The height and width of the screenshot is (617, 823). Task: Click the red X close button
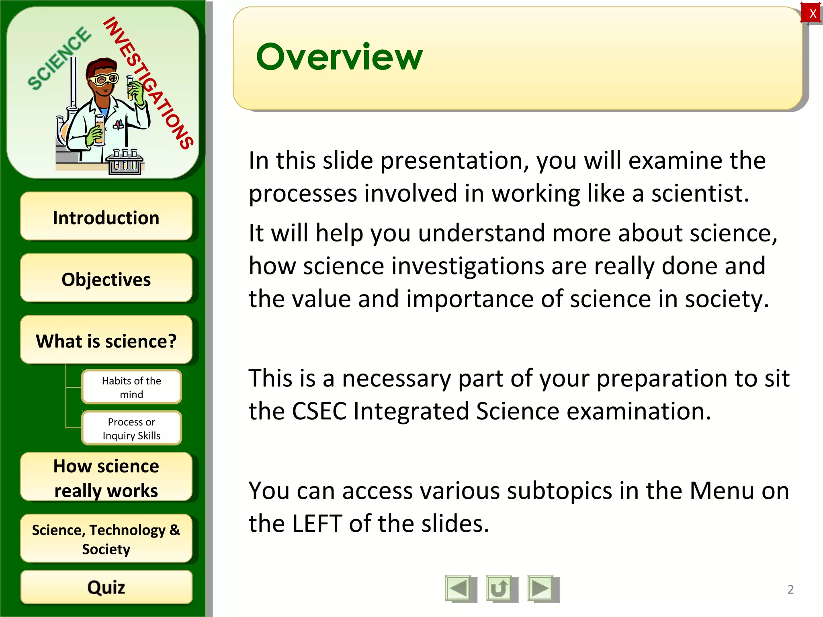point(813,13)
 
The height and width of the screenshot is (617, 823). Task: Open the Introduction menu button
point(106,217)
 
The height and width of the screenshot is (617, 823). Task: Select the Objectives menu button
point(106,279)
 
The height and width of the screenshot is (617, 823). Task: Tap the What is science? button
point(106,341)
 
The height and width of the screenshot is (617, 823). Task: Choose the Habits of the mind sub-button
point(131,387)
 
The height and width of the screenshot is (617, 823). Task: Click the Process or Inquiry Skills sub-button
point(131,428)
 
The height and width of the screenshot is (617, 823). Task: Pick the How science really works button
point(106,478)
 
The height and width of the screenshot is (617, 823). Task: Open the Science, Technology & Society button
point(106,539)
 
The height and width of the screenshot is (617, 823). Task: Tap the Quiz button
point(106,587)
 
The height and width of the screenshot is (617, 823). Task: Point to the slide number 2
point(790,589)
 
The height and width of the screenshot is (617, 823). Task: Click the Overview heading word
point(339,57)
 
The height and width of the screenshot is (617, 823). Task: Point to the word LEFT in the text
point(317,523)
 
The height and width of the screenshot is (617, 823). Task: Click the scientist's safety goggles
point(103,79)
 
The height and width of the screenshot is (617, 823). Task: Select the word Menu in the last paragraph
point(722,490)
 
